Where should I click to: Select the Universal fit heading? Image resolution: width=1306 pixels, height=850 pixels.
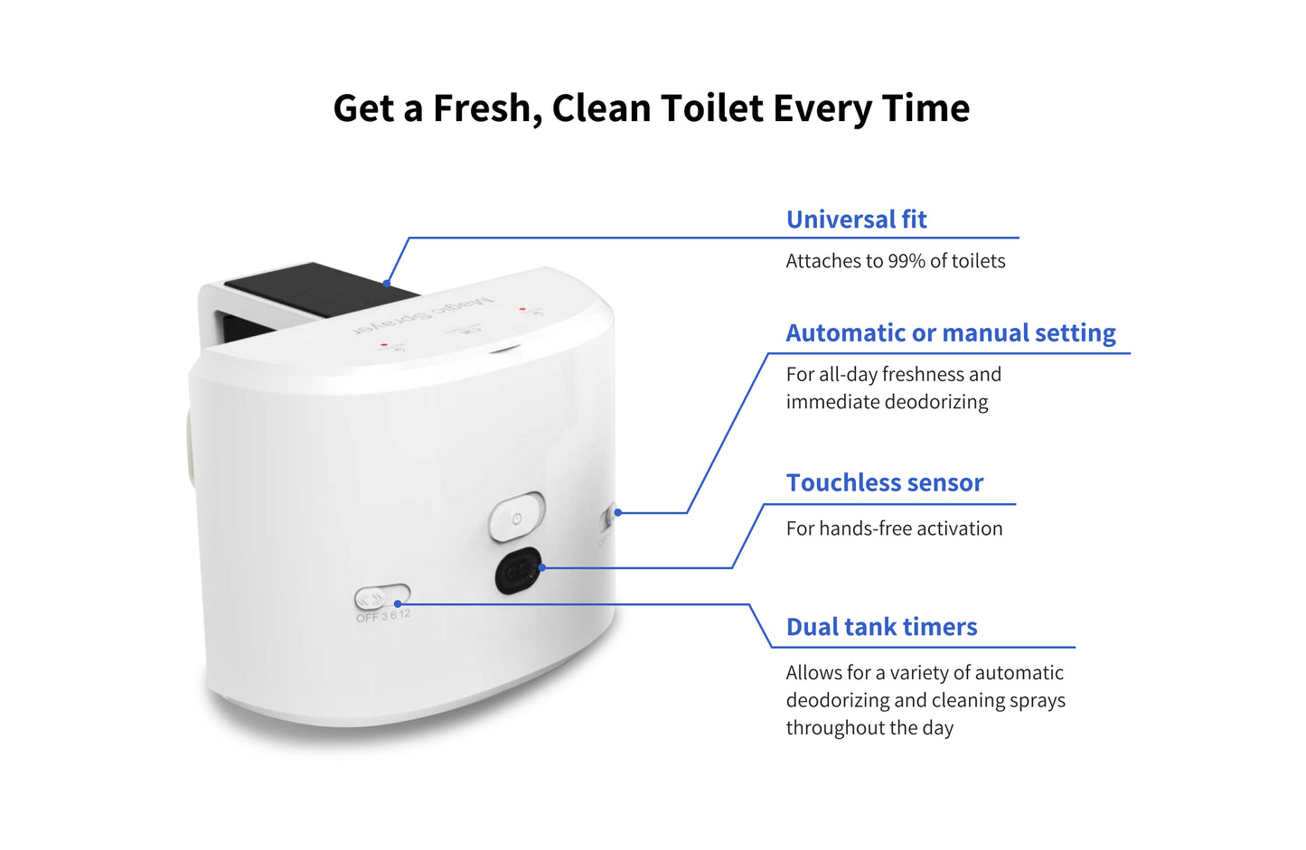coord(856,220)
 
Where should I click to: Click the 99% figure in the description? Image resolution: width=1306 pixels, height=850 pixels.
coord(906,261)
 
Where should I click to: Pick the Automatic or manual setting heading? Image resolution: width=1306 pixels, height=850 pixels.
coord(950,333)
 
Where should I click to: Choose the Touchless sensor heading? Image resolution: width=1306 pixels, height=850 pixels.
coord(884,483)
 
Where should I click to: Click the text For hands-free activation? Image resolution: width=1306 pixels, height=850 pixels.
coord(894,528)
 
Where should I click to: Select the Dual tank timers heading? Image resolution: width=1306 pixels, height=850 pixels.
coord(881,627)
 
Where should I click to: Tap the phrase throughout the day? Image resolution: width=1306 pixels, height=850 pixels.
coord(869,728)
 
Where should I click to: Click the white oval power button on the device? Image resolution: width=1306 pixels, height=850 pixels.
coord(516,518)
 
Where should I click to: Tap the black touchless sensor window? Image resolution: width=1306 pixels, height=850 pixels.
coord(517,571)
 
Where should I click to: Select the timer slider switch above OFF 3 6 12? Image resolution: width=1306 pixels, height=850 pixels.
coord(381,597)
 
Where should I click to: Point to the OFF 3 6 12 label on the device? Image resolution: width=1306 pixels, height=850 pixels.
coord(383,616)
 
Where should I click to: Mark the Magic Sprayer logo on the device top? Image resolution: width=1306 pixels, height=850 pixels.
coord(425,314)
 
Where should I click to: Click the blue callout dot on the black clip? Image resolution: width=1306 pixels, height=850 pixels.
coord(386,284)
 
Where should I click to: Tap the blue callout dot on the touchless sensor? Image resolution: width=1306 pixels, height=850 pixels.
coord(541,568)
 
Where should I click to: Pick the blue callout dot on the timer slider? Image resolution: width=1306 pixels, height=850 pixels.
coord(398,603)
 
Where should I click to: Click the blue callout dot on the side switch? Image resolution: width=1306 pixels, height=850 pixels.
coord(618,512)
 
